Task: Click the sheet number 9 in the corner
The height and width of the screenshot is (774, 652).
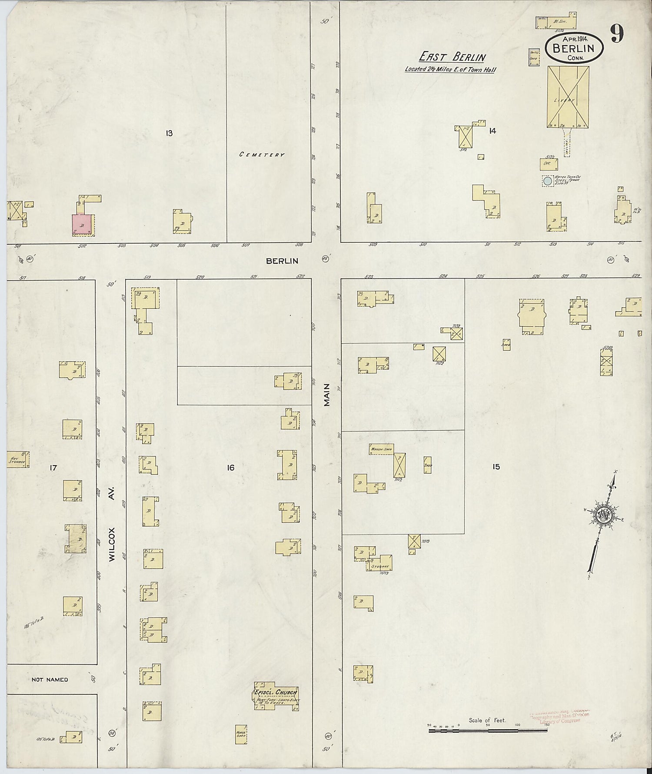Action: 618,34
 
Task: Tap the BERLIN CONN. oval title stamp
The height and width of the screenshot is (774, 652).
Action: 574,47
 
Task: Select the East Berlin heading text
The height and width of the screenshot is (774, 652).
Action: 452,57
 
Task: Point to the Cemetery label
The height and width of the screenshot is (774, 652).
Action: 262,154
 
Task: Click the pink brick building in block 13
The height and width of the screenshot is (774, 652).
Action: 83,224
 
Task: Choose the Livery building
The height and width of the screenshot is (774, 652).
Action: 568,97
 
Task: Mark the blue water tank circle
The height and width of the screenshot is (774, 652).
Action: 547,181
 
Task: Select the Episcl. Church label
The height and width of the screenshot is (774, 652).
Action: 276,692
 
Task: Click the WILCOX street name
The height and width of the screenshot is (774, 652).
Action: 112,544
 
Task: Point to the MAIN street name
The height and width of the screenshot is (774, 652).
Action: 327,395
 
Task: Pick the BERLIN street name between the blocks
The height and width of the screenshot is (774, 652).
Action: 282,261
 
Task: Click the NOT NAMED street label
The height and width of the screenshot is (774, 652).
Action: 50,680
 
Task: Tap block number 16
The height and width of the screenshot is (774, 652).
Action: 230,468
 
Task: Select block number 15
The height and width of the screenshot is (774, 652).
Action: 496,467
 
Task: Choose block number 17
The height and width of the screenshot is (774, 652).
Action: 53,468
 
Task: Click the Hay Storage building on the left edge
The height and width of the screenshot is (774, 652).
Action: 18,459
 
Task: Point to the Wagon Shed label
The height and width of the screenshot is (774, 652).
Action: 381,449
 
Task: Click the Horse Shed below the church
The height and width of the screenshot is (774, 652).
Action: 241,734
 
